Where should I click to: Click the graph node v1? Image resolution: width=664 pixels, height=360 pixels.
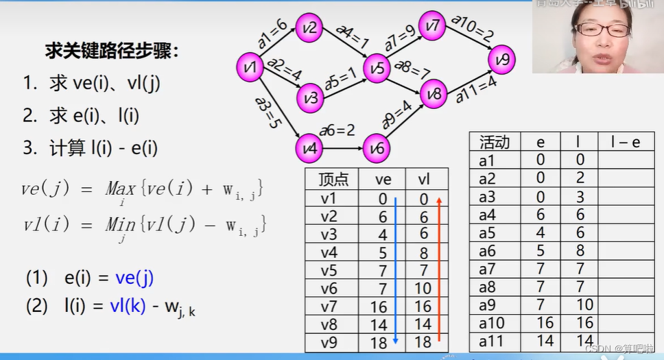[250, 67]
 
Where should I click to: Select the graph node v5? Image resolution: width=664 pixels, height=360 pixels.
[377, 68]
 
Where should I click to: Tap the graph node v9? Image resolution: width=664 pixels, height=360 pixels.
[503, 60]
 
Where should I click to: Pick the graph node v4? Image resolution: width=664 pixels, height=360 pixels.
[310, 148]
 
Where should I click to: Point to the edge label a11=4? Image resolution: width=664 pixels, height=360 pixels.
[477, 88]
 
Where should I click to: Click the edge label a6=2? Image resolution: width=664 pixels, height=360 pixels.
[337, 130]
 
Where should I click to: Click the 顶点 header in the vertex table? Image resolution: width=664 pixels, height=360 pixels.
[333, 180]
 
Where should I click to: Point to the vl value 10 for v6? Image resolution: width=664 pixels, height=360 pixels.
[424, 288]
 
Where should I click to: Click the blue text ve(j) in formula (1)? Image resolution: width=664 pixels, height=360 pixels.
[134, 278]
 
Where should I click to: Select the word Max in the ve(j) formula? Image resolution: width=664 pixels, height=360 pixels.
[120, 189]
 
